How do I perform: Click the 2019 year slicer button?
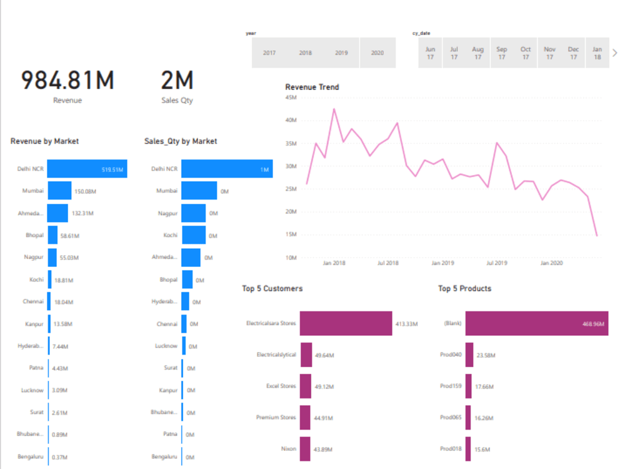[x=341, y=53]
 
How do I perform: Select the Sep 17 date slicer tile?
[x=502, y=53]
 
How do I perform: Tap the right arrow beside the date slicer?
[x=614, y=53]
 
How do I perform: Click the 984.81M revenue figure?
[x=67, y=80]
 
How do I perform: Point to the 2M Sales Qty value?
[x=177, y=80]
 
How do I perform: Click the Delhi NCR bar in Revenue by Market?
[x=87, y=169]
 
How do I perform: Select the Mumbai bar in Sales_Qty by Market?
[x=199, y=191]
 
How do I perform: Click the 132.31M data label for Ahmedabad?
[x=82, y=213]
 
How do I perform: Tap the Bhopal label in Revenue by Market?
[x=34, y=236]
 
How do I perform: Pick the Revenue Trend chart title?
[x=312, y=87]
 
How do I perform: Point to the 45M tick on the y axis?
[x=290, y=98]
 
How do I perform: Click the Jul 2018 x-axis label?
[x=388, y=263]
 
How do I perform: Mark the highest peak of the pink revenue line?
[x=334, y=109]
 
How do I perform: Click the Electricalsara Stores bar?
[x=346, y=323]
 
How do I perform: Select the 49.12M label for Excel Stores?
[x=324, y=386]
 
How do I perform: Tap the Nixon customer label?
[x=288, y=449]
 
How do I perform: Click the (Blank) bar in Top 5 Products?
[x=536, y=323]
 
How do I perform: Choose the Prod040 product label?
[x=451, y=355]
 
